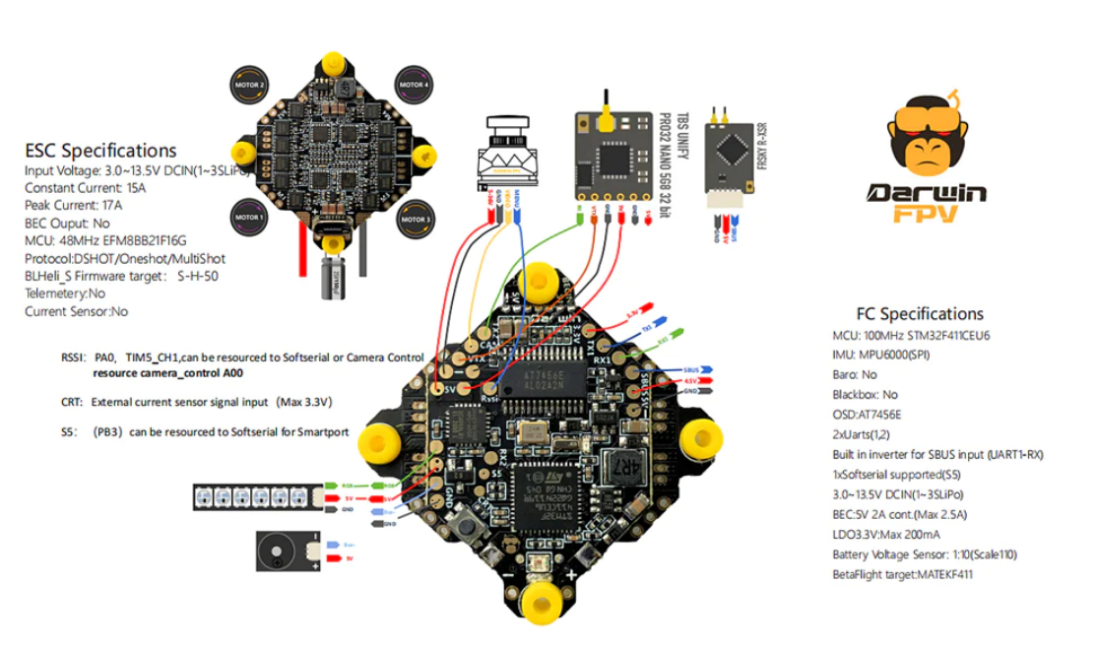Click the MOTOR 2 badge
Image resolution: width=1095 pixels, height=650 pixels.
pyautogui.click(x=248, y=85)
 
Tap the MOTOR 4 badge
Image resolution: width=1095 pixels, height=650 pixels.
pyautogui.click(x=415, y=86)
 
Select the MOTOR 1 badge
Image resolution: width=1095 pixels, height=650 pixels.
pyautogui.click(x=248, y=216)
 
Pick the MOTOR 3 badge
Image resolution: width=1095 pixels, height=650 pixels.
pyautogui.click(x=415, y=216)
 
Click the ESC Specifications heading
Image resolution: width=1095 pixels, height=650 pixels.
pyautogui.click(x=100, y=151)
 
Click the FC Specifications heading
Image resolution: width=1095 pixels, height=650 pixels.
pyautogui.click(x=920, y=314)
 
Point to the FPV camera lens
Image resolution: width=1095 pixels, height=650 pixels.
pyautogui.click(x=503, y=128)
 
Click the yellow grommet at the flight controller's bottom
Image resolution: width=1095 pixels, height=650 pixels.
pyautogui.click(x=539, y=602)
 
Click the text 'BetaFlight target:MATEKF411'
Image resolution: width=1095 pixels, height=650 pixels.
pyautogui.click(x=902, y=574)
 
